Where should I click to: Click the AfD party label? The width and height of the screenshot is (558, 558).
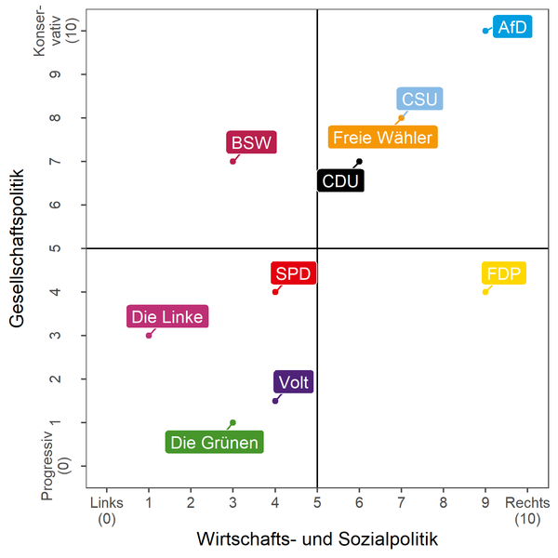click(x=512, y=27)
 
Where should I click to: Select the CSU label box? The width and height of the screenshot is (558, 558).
click(x=419, y=100)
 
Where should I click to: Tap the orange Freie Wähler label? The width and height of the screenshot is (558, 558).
click(x=382, y=138)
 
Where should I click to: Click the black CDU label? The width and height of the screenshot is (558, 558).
click(x=340, y=180)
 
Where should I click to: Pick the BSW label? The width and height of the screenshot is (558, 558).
click(x=252, y=143)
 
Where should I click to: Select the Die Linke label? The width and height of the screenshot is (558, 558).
click(x=167, y=317)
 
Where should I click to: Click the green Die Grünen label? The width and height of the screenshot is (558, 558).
click(x=215, y=443)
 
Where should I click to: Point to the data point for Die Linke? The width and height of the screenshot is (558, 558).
click(x=149, y=335)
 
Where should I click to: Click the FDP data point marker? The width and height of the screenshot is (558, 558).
click(x=485, y=292)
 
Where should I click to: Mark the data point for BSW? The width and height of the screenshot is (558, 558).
click(x=232, y=161)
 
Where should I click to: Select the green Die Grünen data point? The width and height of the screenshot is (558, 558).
click(x=232, y=422)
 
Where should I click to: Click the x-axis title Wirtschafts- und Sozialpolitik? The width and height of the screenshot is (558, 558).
click(x=317, y=538)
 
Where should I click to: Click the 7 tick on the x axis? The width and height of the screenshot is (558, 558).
click(x=401, y=502)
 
